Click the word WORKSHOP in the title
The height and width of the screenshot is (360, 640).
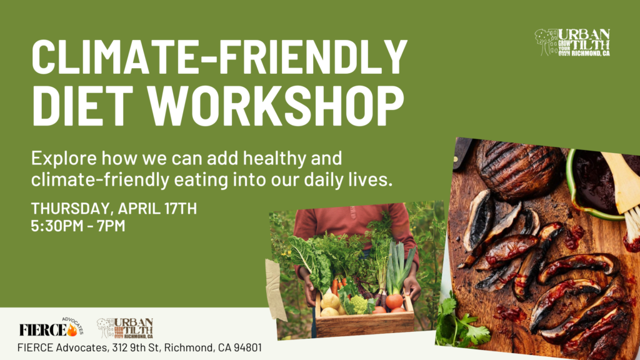276,106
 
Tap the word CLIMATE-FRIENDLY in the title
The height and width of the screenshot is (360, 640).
219,57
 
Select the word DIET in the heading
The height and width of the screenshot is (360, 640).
82,106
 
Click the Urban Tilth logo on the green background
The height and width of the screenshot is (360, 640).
572,42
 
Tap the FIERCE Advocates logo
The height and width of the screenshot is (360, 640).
51,327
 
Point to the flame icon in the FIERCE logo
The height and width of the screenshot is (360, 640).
72,330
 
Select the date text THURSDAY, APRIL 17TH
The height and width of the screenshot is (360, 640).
114,209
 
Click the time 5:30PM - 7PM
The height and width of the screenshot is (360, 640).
78,226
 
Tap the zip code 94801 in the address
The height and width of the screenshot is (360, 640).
247,347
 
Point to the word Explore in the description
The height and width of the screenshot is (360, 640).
64,159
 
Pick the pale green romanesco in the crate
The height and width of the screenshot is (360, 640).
359,304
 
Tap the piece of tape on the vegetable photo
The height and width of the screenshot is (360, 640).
276,289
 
